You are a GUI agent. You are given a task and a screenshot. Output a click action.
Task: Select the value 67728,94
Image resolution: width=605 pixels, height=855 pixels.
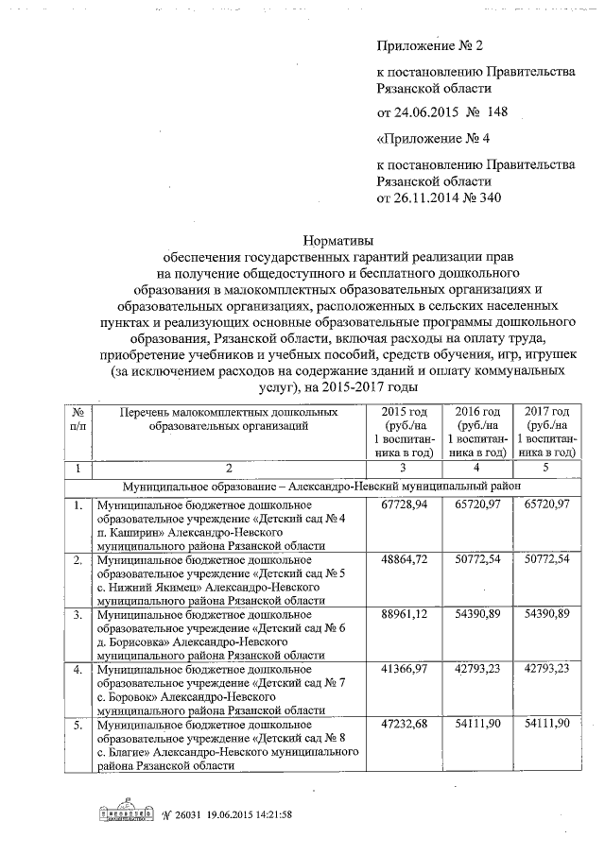click(x=404, y=506)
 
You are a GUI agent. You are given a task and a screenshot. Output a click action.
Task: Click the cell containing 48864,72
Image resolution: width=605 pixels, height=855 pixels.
click(x=404, y=560)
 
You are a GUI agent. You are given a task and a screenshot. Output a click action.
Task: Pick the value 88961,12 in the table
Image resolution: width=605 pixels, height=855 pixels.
click(x=404, y=614)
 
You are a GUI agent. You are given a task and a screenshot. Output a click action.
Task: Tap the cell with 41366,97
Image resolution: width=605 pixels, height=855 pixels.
click(x=404, y=669)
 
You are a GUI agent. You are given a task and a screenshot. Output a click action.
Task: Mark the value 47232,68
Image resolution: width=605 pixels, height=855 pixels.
click(x=404, y=723)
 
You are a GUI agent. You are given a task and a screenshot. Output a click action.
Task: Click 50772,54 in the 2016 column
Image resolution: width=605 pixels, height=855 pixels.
click(x=475, y=560)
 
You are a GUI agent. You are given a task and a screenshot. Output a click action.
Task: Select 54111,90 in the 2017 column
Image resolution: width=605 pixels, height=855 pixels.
click(x=545, y=723)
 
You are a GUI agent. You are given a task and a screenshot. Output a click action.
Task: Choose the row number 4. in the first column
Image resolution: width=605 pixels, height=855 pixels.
click(x=78, y=669)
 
